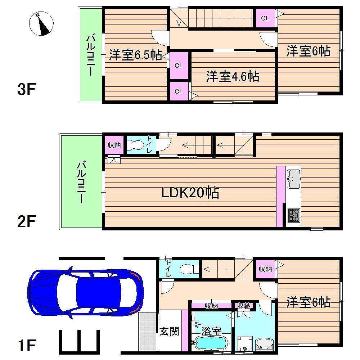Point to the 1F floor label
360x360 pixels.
point(26,346)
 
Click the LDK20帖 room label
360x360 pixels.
point(190,193)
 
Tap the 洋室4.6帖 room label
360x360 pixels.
point(233,77)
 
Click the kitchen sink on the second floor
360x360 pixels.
point(294,177)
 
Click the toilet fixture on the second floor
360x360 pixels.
point(136,145)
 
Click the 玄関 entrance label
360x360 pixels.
point(169,331)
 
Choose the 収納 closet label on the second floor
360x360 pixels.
point(114,145)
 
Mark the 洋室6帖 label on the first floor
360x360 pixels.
point(309,302)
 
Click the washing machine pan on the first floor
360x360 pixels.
point(245,344)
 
